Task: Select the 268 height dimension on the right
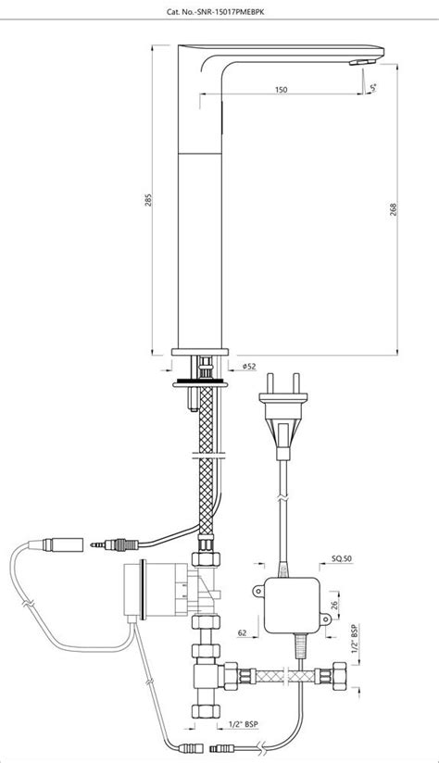(408, 209)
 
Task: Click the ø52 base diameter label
(249, 367)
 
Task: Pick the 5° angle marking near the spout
(374, 87)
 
